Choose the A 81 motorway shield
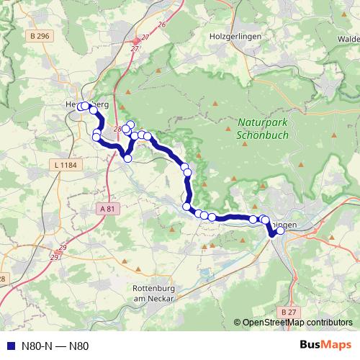[x=105, y=208]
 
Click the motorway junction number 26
[x=161, y=24]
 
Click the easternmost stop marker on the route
[x=281, y=231]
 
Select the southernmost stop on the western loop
[x=128, y=158]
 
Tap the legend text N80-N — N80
[x=55, y=346]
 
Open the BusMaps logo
[x=324, y=345]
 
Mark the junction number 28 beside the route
[x=117, y=129]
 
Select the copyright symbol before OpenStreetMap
[x=238, y=322]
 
